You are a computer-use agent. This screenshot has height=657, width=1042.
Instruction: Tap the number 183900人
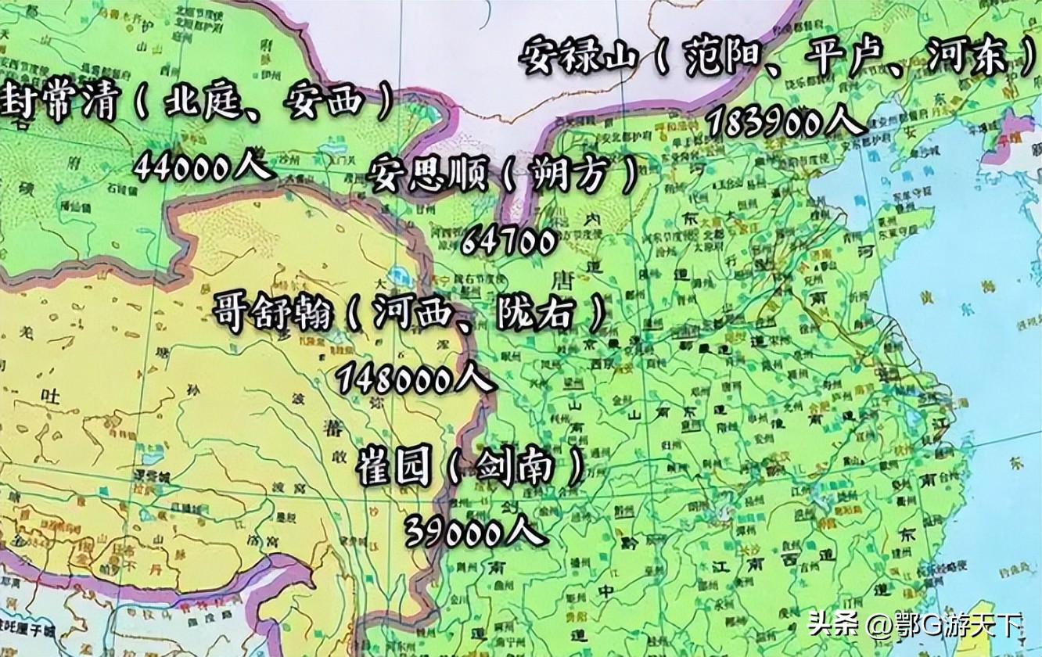coord(786,121)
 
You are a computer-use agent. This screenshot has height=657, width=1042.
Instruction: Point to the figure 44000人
coord(203,166)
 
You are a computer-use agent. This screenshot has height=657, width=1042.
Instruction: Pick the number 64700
coord(508,241)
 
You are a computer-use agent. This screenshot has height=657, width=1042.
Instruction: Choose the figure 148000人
coord(415,379)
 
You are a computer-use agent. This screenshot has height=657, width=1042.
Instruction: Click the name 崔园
coord(393,467)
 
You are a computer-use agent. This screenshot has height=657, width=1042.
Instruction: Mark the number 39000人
coord(474,532)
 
